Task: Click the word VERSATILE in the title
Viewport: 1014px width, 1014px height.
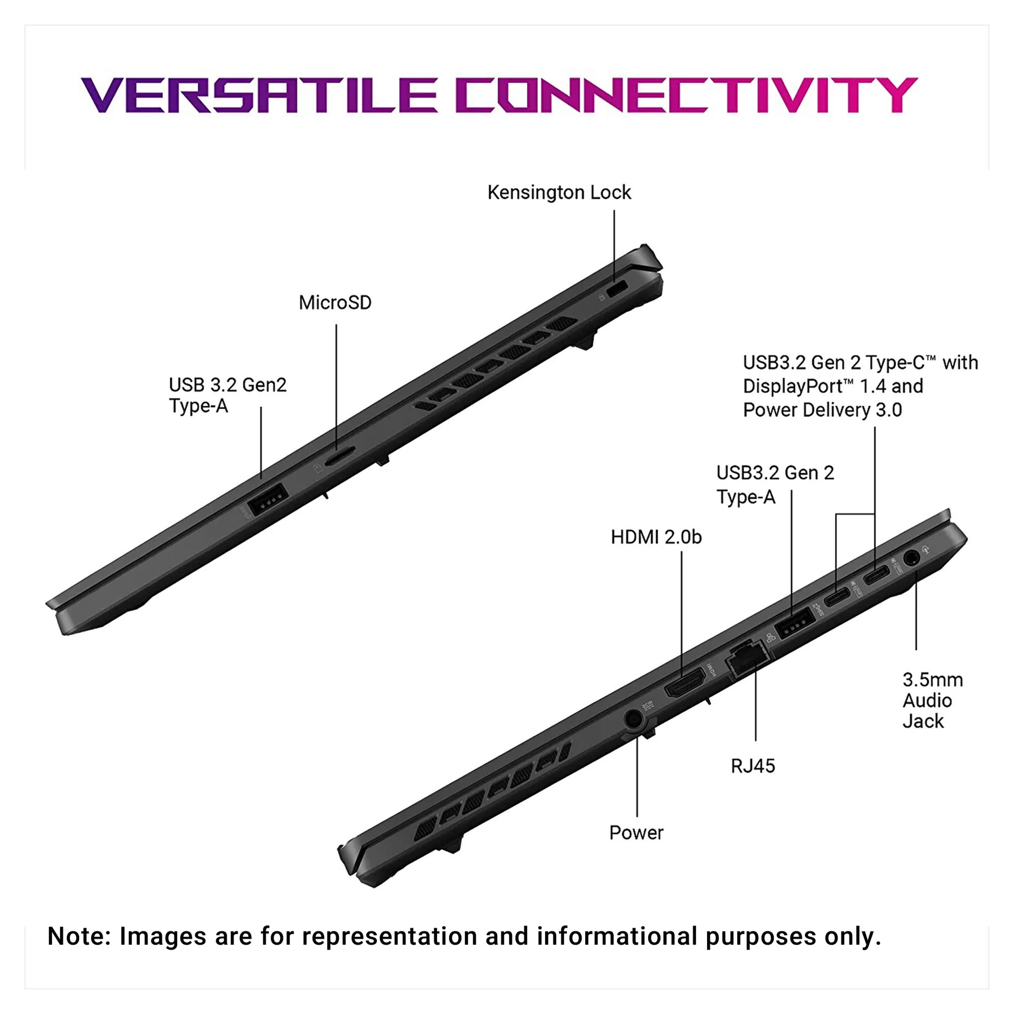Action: coord(259,95)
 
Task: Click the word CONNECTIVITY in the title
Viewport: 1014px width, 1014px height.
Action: coord(690,95)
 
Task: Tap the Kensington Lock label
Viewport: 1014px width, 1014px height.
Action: coord(559,193)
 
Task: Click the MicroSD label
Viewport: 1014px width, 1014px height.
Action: coord(335,303)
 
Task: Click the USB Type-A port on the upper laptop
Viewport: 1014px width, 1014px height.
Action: coord(268,499)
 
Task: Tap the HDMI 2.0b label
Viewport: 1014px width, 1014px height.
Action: coord(656,537)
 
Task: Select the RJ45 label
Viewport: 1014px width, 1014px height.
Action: coord(752,766)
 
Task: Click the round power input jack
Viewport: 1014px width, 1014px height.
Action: coord(634,719)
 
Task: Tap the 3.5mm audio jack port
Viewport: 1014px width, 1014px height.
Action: coord(912,558)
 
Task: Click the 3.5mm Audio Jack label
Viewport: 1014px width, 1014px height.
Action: coord(933,700)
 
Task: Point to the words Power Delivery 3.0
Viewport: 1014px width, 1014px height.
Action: coord(822,410)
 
